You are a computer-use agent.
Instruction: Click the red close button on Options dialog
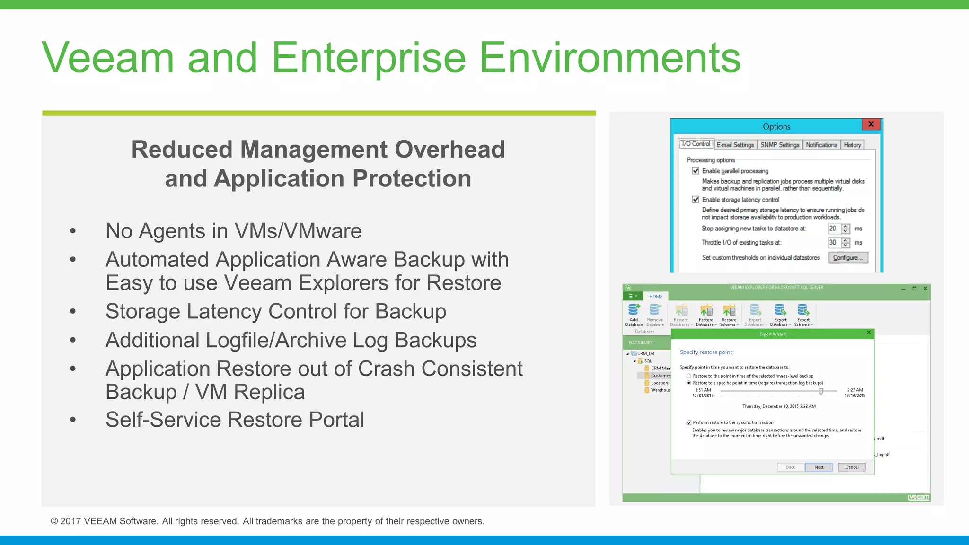[871, 124]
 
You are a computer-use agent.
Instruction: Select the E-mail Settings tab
[735, 145]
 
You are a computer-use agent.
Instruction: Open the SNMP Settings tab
[779, 145]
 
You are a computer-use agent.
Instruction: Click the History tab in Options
[852, 145]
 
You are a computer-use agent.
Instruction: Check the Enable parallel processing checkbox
[696, 171]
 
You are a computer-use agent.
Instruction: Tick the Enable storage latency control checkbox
[696, 200]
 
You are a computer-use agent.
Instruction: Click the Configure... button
[848, 257]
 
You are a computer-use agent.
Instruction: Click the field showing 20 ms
[834, 229]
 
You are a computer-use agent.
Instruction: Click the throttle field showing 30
[834, 243]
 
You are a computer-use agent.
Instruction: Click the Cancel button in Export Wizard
[852, 467]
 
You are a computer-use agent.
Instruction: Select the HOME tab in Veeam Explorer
[655, 297]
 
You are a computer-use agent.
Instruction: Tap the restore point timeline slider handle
[821, 391]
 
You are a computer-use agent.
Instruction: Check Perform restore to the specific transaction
[689, 422]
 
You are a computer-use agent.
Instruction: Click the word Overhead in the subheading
[449, 149]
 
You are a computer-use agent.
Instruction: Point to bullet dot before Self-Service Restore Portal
[73, 420]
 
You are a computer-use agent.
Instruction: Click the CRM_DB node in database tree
[645, 353]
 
